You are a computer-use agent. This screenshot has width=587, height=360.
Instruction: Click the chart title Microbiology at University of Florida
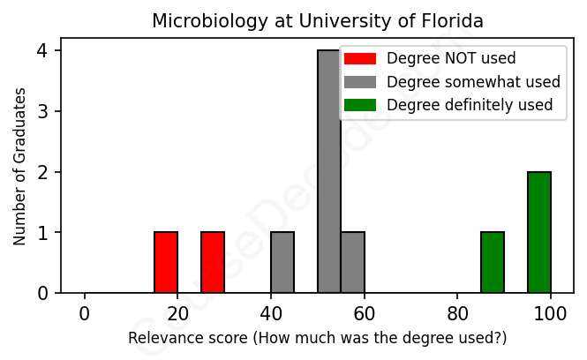coord(318,20)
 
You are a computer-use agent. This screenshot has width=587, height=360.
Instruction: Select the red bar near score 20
coord(166,262)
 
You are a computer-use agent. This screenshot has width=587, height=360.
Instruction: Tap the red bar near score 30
coord(213,262)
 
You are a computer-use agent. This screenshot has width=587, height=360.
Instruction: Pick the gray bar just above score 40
coord(282,262)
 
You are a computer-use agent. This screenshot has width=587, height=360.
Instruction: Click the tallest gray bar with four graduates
coord(329,172)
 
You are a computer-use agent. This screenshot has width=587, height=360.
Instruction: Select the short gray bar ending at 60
coord(352,262)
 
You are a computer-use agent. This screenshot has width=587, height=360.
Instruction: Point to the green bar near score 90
coord(493,262)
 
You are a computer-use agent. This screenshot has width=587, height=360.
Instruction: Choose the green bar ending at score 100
coord(539,233)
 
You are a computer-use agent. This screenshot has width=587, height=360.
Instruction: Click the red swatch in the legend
coord(360,59)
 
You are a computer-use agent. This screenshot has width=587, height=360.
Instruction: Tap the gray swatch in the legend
coord(360,82)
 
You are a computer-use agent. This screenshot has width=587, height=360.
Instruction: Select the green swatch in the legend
coord(360,105)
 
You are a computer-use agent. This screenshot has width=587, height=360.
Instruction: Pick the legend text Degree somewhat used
coord(473,82)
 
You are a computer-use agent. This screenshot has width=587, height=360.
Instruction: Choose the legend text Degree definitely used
coord(470,105)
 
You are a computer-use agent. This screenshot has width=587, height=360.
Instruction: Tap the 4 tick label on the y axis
coord(42,51)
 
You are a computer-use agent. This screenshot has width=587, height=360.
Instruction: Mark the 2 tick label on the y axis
coord(42,172)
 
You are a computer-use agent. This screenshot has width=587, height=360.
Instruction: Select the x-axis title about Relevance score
coord(318,338)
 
